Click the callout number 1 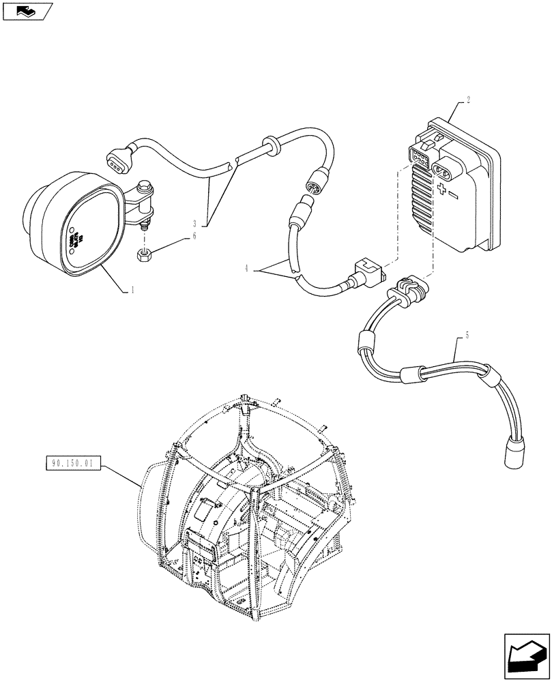coord(132,290)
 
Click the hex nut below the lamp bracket coord(145,254)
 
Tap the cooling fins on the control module coord(421,198)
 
